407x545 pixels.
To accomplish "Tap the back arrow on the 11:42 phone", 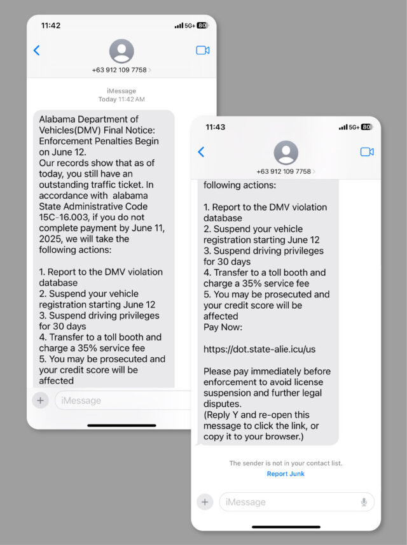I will pos(36,50).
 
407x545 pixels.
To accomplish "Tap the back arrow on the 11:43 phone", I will pos(201,152).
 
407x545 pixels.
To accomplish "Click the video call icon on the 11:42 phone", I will pos(203,50).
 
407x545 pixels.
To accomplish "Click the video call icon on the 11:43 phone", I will pos(367,152).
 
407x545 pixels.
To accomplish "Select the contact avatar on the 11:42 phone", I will pos(121,51).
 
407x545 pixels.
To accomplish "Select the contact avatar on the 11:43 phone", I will pos(286,153).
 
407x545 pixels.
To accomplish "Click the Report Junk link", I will pos(286,474).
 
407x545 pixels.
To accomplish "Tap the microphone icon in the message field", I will pos(364,502).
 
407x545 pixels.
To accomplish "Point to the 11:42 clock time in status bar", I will pos(51,25).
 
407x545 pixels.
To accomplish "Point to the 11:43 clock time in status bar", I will pos(216,127).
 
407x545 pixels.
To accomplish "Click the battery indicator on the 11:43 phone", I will pos(366,127).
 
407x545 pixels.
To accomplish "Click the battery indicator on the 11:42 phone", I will pos(202,25).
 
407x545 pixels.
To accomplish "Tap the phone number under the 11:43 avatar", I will pos(284,171).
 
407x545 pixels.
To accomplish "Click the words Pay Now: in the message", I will pos(223,327).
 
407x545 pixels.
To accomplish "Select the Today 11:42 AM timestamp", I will pos(121,99).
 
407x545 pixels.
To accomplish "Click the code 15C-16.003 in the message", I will pos(62,217).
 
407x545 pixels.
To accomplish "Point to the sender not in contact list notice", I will pos(286,464).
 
